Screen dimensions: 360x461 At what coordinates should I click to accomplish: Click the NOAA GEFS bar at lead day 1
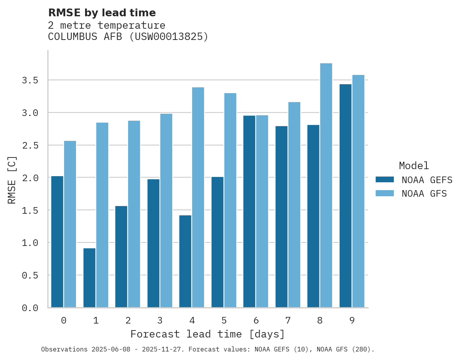coord(89,278)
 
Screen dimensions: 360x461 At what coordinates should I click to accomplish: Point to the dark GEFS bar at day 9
coord(345,196)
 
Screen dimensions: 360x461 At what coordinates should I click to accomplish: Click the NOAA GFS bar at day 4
coord(198,197)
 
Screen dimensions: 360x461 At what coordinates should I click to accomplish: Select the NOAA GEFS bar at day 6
coord(249,211)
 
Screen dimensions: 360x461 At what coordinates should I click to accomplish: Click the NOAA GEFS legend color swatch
coord(385,180)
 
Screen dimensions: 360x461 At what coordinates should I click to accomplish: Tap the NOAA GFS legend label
coord(424,194)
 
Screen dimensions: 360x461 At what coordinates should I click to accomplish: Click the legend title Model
coord(414,166)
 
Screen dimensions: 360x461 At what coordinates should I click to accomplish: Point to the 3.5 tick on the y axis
coord(30,80)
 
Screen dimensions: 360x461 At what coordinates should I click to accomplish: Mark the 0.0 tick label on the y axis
coord(30,308)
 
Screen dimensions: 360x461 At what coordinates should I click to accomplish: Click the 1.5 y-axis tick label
coord(30,210)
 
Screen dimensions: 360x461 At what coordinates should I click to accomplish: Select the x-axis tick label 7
coord(288,320)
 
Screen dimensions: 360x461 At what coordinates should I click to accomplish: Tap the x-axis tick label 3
coord(160,320)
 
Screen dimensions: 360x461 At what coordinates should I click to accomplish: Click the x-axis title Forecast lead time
coord(208,334)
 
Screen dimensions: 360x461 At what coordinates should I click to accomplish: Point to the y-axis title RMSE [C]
coord(12,179)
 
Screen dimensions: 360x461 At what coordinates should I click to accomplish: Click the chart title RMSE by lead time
coord(102,13)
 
